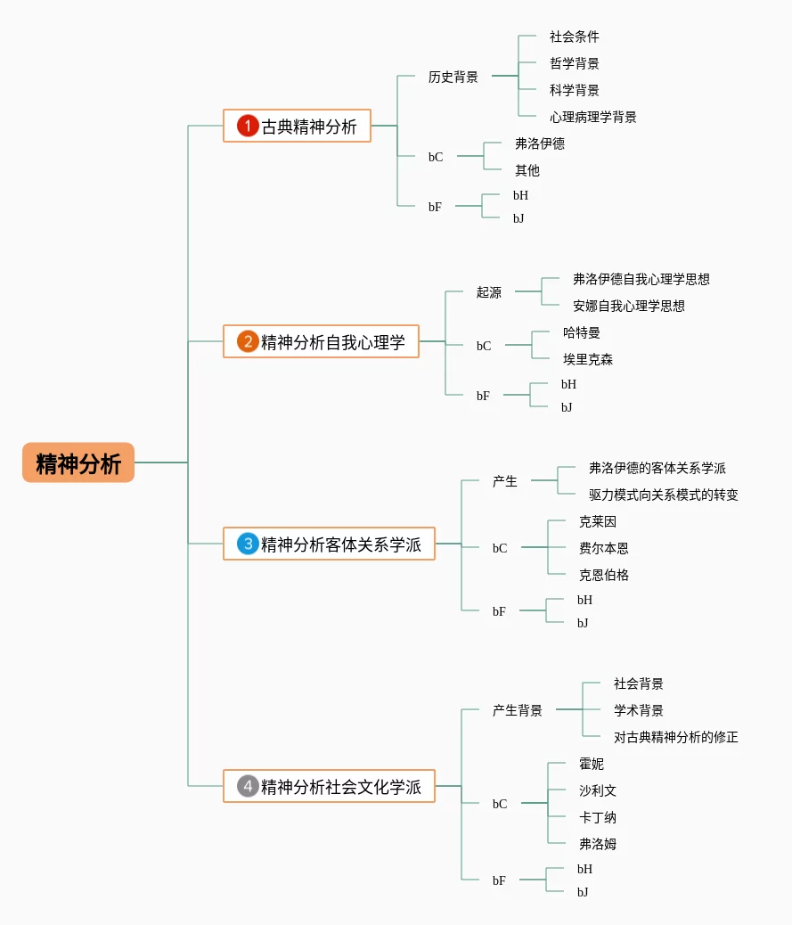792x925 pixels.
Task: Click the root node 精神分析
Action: [x=78, y=462]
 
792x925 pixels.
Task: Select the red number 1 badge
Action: [x=248, y=126]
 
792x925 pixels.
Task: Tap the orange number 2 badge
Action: [x=248, y=341]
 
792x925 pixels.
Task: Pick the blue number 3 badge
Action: [x=248, y=544]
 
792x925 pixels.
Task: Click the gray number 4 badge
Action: [x=248, y=786]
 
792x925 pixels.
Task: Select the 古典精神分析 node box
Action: [x=297, y=126]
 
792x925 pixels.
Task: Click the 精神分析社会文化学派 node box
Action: [x=329, y=786]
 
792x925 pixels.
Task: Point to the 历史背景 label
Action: [x=453, y=77]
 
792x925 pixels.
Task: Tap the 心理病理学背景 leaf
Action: [x=592, y=117]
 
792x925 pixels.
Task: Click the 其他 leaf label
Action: [x=527, y=170]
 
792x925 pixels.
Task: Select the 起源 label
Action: [x=489, y=292]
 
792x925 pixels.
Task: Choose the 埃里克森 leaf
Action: [x=588, y=359]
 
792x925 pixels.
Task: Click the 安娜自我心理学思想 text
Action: [x=629, y=306]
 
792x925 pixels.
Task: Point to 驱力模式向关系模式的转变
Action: [x=664, y=495]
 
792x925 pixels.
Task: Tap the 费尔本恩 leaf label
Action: [x=604, y=548]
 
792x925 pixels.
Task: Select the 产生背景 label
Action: [x=518, y=710]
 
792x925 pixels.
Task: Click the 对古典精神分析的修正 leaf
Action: [x=676, y=737]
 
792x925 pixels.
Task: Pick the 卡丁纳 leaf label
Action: [x=598, y=817]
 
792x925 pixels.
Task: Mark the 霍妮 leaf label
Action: [x=592, y=764]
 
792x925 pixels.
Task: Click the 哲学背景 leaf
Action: [x=575, y=63]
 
